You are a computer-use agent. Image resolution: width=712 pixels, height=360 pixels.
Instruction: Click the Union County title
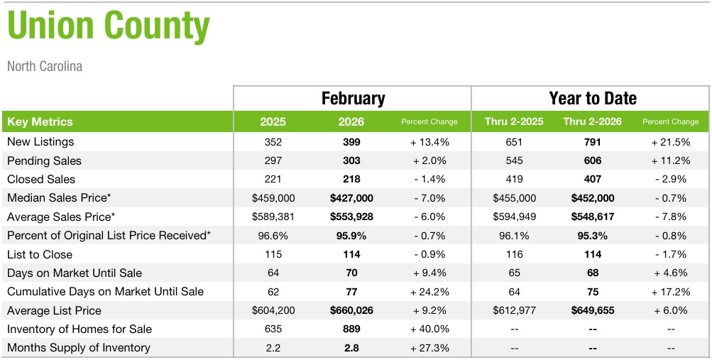[x=109, y=26]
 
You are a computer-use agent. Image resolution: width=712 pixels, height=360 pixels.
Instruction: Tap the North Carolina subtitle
[x=45, y=66]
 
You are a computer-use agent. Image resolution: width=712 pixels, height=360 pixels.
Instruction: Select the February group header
[x=353, y=98]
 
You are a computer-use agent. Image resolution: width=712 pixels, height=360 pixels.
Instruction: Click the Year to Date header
[x=592, y=98]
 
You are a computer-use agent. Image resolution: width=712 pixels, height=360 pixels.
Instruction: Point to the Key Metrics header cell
[x=40, y=121]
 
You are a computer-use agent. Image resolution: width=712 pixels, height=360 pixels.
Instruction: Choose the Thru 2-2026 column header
[x=592, y=121]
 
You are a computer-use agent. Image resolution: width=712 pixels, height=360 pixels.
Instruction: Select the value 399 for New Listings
[x=351, y=142]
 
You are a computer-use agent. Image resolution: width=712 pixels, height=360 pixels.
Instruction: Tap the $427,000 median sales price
[x=351, y=198]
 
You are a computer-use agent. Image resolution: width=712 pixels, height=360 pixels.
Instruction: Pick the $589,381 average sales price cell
[x=273, y=217]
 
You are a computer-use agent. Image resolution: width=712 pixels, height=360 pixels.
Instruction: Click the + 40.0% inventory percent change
[x=429, y=329]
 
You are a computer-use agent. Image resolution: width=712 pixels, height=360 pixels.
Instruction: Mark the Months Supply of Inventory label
[x=79, y=347]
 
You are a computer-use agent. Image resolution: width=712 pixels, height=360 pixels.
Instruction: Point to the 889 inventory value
[x=351, y=329]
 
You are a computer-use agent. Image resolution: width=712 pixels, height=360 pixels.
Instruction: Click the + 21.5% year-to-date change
[x=670, y=142]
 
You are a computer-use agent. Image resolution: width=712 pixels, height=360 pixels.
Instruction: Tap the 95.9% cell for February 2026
[x=351, y=235]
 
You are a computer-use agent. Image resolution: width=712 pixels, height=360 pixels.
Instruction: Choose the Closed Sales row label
[x=41, y=179]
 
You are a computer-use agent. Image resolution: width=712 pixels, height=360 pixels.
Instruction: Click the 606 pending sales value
[x=592, y=160]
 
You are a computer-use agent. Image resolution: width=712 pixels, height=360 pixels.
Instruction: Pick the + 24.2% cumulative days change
[x=429, y=291]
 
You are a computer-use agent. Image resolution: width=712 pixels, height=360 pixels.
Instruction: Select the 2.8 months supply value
[x=351, y=347]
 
